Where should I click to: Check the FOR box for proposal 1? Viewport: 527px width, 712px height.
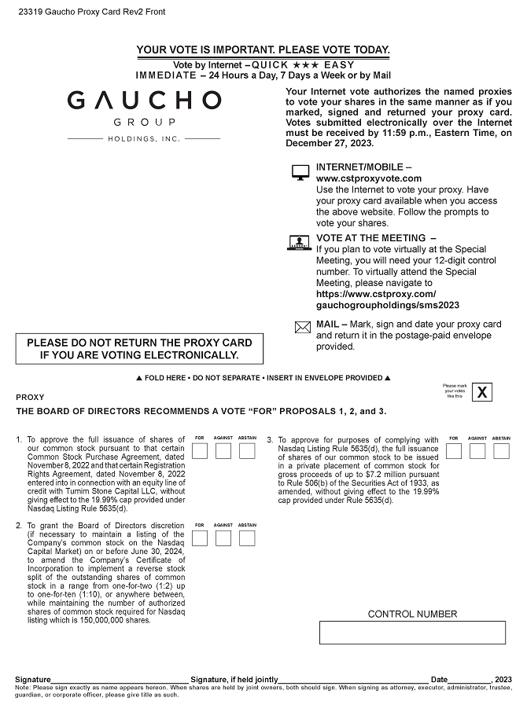coord(200,451)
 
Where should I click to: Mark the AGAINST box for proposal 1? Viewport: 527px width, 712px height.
coord(223,451)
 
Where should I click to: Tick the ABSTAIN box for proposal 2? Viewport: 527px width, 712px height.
coord(247,538)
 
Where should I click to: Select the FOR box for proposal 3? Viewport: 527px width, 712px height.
coord(454,451)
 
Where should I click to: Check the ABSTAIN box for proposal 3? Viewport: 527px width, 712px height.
coord(501,451)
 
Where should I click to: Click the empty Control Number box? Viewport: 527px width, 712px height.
coord(412,633)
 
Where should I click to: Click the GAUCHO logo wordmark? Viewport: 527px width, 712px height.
coord(144,101)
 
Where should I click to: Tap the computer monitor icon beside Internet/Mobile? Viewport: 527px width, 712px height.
coord(300,172)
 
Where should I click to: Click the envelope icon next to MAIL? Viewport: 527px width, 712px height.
coord(302,328)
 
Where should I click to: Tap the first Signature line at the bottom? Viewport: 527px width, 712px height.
coord(120,679)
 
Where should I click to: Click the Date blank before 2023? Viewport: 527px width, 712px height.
coord(470,679)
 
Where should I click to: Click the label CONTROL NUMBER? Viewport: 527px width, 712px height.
coord(412,615)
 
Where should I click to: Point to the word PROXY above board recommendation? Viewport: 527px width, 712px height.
coord(30,398)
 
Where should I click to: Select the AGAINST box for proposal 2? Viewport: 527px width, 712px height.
coord(223,538)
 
